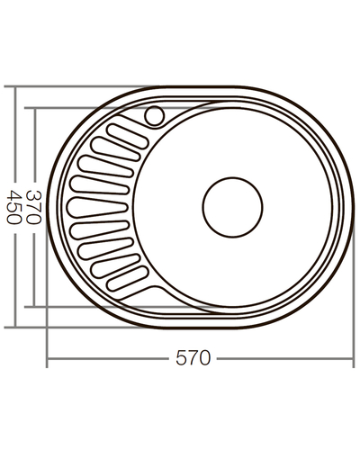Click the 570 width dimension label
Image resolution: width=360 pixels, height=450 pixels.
[x=193, y=359]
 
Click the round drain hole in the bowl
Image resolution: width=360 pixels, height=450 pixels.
[x=232, y=206]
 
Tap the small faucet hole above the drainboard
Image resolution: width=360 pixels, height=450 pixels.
[x=154, y=115]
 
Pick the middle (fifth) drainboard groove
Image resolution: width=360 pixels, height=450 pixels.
[x=96, y=207]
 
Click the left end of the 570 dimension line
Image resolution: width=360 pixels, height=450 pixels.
[x=48, y=359]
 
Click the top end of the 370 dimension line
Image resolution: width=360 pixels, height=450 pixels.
[x=37, y=109]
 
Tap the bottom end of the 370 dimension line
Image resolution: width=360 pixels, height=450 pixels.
[x=37, y=306]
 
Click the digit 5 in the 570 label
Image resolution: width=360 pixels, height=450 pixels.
[x=183, y=359]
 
